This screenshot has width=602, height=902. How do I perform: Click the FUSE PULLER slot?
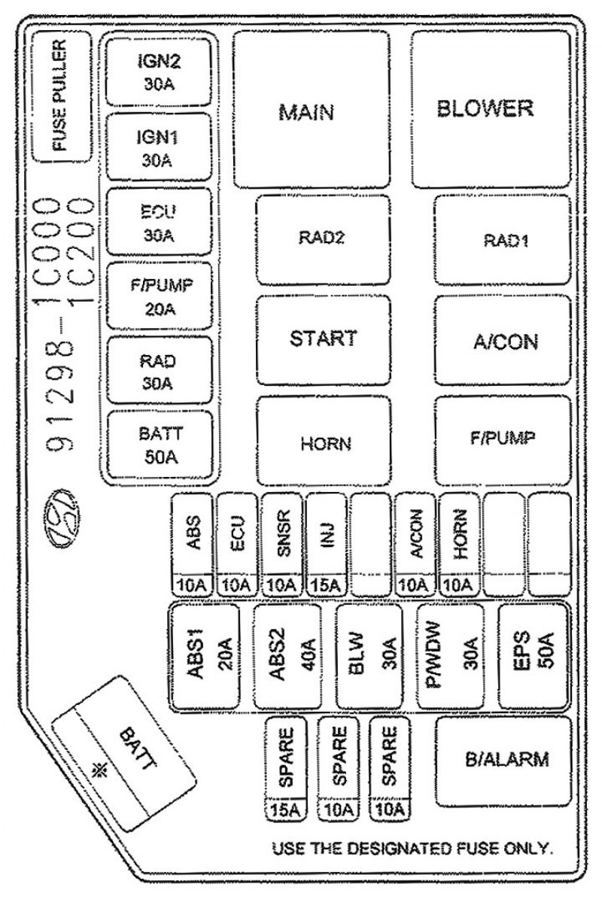coord(61,97)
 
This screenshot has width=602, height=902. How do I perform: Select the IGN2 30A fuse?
coord(158,71)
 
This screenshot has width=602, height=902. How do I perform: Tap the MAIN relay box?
coord(312,109)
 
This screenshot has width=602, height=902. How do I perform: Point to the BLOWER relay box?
coord(491,109)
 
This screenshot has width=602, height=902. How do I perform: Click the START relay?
coord(323,339)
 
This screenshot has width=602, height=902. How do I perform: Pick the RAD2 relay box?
coord(323,239)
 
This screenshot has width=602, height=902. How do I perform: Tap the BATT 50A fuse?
coord(159,445)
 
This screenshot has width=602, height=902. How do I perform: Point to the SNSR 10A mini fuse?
coord(281,544)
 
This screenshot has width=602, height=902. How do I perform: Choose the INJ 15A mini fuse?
coord(326,544)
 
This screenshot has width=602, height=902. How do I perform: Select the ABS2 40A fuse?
coord(287,656)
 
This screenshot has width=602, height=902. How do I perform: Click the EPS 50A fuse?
coord(533,656)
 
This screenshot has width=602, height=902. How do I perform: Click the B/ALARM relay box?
coord(503,761)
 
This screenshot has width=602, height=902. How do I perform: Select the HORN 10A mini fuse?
coord(459,544)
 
